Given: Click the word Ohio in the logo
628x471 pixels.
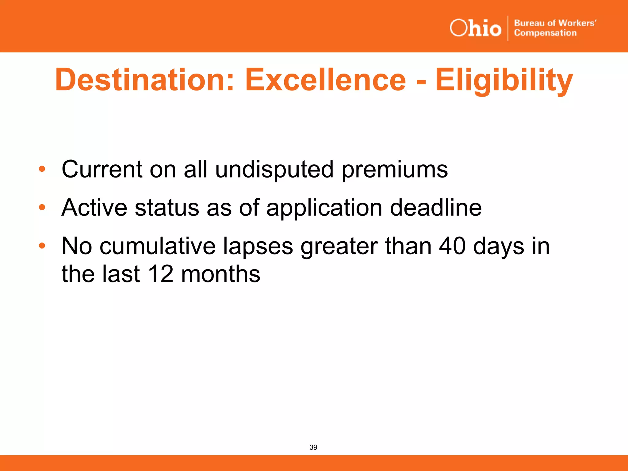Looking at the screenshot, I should (x=475, y=28).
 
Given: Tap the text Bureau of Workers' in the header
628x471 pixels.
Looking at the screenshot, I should (x=555, y=23).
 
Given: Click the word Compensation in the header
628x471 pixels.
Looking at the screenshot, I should (x=545, y=33).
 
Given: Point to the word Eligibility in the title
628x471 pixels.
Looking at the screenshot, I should (x=504, y=80).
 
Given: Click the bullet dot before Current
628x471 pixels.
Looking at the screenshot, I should (x=42, y=169).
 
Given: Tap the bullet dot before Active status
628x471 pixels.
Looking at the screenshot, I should (x=42, y=208).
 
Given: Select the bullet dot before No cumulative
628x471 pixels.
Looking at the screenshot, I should (x=42, y=246).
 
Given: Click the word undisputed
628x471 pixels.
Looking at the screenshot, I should (x=274, y=170).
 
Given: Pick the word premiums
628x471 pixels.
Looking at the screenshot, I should (x=395, y=170).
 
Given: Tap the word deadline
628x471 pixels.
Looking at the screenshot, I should (x=436, y=208).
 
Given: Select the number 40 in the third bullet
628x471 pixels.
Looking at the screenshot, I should (x=452, y=246).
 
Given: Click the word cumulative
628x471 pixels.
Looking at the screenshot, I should (x=158, y=246).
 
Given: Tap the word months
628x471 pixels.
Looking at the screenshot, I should (x=220, y=274).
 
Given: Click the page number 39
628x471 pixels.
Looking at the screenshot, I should (x=313, y=447).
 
